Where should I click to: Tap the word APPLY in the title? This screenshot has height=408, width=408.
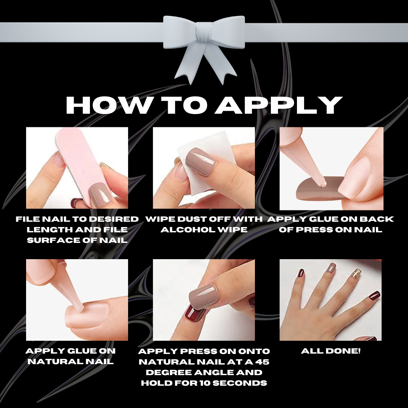(x=278, y=105)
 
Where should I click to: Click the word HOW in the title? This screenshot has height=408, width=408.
(x=109, y=105)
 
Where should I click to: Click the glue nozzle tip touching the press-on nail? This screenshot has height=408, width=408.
(x=323, y=184)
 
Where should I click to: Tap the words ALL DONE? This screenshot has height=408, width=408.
(x=331, y=351)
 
